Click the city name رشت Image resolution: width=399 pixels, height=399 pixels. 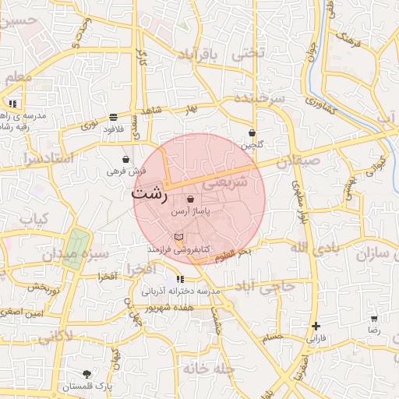150,192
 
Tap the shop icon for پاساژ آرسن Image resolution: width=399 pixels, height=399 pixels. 190,199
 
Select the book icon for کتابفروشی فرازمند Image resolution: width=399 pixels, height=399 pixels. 180,236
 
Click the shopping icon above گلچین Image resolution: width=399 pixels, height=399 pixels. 252,133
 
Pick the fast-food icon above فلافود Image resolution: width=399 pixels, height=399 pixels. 114,117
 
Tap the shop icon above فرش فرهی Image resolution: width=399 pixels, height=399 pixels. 126,159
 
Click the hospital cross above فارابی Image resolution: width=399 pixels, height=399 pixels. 316,326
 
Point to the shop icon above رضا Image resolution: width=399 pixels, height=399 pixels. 375,319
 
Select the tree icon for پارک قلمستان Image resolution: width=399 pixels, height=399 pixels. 87,375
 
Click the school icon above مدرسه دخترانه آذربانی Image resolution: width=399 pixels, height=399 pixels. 181,279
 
